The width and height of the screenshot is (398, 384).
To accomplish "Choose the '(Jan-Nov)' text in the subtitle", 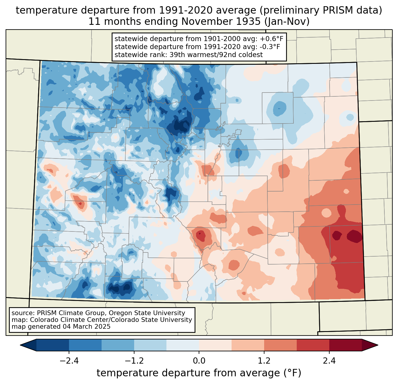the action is (287, 22).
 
